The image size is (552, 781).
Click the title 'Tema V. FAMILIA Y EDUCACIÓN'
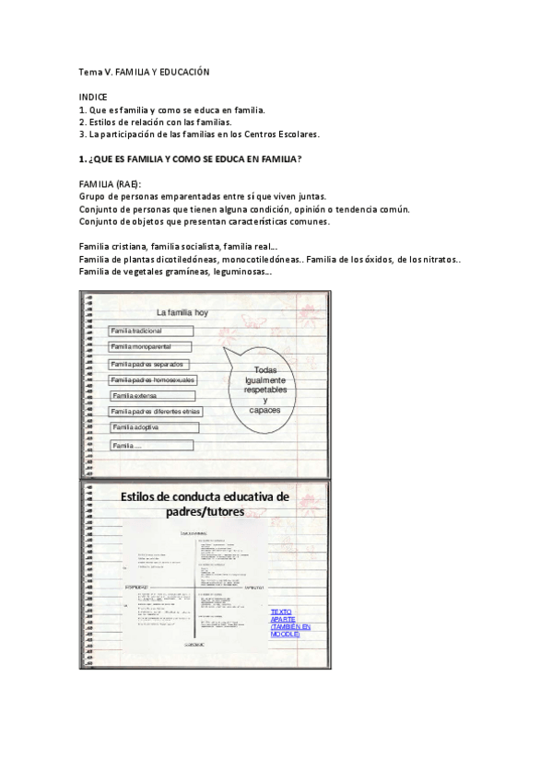[x=145, y=72]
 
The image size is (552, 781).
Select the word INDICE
[x=93, y=97]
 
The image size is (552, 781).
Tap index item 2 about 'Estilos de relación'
[x=155, y=122]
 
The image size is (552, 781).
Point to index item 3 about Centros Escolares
[x=199, y=134]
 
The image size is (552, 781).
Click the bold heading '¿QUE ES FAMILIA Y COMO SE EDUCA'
[x=191, y=159]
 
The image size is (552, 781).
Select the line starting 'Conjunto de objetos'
[x=205, y=221]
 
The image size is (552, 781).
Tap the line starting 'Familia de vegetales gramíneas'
[x=175, y=272]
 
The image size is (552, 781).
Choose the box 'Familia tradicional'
[x=151, y=331]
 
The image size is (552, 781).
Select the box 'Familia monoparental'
[x=149, y=346]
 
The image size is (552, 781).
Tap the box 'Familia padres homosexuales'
[x=153, y=379]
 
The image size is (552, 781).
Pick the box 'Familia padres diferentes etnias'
[x=155, y=412]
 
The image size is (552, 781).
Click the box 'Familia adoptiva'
[x=151, y=427]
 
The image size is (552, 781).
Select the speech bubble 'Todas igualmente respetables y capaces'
[x=265, y=390]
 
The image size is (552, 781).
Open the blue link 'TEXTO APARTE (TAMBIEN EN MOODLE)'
[x=285, y=623]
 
